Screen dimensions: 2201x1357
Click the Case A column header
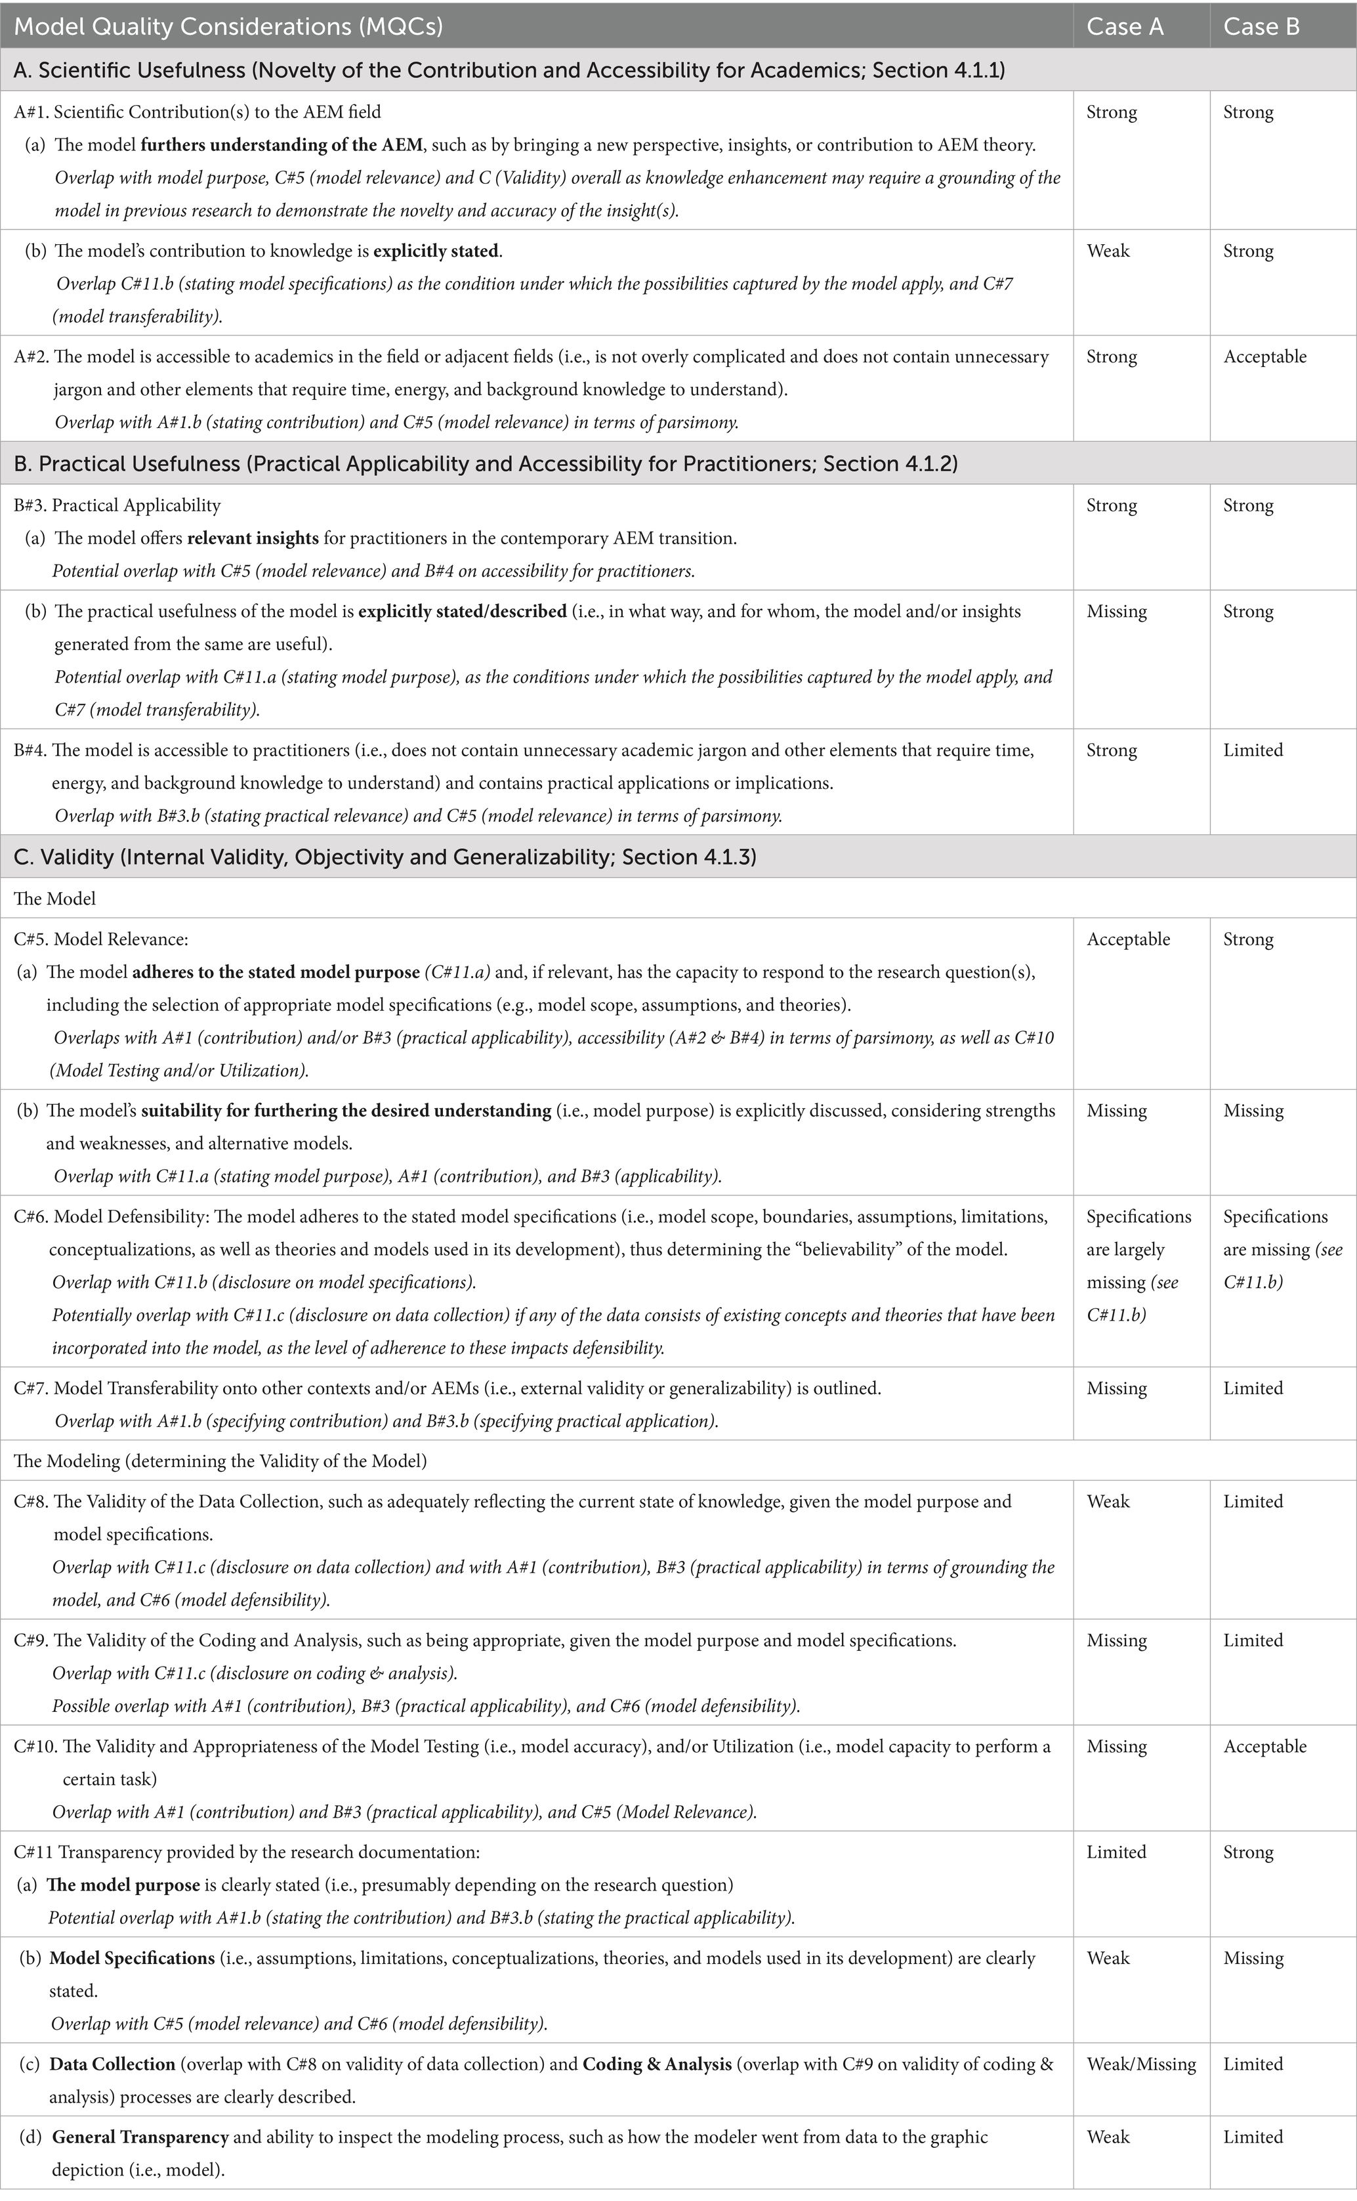1125,27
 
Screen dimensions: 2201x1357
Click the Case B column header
1261,27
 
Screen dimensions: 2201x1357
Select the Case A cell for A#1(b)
1108,251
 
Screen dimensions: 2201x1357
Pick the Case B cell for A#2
1264,357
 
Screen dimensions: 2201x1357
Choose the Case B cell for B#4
1253,750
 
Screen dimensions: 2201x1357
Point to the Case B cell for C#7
1253,1388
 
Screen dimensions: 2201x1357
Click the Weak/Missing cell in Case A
1140,2064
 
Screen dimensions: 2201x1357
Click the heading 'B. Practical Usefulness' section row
485,464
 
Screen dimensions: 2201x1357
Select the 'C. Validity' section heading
384,857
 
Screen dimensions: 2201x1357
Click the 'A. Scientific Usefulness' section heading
509,71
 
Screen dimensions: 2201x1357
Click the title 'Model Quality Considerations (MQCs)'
229,27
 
